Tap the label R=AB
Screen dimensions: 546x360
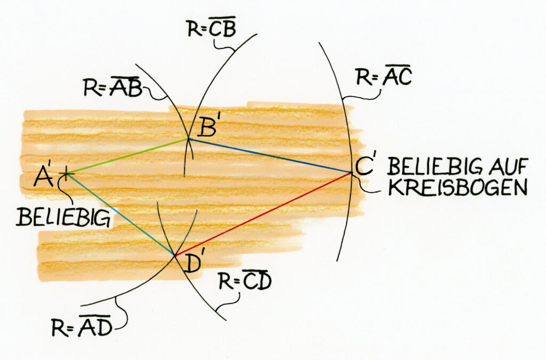click(x=113, y=86)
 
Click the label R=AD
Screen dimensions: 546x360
click(x=82, y=326)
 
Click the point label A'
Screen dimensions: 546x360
click(x=44, y=176)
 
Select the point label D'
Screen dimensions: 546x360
click(x=190, y=263)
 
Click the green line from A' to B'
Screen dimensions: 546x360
click(x=128, y=156)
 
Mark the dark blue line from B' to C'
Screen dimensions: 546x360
click(x=270, y=156)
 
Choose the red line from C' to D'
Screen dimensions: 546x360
click(x=263, y=214)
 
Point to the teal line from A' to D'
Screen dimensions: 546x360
click(x=121, y=214)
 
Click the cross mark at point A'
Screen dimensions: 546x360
click(x=66, y=173)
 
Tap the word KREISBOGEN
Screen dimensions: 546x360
click(x=457, y=188)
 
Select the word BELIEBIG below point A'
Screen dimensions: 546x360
click(x=63, y=217)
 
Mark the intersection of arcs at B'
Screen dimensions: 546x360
click(x=189, y=139)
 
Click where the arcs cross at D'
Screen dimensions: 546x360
click(x=174, y=256)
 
